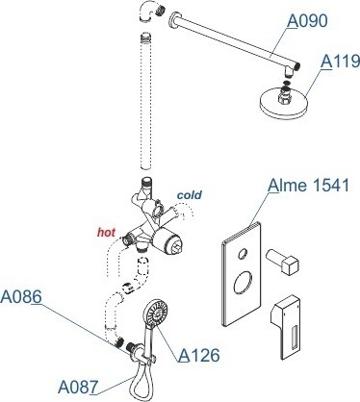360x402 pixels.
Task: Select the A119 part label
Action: [x=341, y=62]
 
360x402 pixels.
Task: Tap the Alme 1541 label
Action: [x=308, y=186]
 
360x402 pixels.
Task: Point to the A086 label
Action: [x=21, y=297]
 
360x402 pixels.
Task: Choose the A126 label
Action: [x=199, y=355]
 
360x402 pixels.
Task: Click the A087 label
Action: [x=78, y=387]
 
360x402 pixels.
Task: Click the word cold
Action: [x=190, y=194]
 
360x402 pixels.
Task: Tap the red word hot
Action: [x=106, y=232]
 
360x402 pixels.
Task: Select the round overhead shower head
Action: [x=283, y=101]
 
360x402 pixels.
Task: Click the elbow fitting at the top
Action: [x=150, y=12]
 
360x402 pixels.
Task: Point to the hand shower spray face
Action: [x=157, y=312]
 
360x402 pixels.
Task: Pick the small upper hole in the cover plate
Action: [x=243, y=254]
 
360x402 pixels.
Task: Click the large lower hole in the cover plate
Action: [x=243, y=282]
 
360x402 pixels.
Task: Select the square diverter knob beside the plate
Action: [x=283, y=262]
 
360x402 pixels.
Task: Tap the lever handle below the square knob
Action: [x=286, y=327]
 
